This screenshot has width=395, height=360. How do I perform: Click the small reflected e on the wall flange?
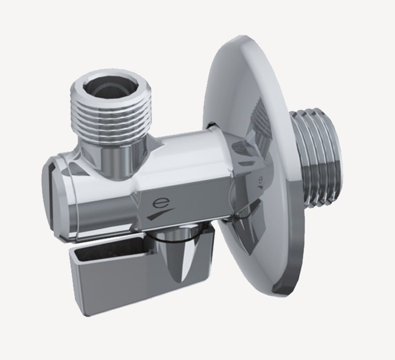(x=258, y=182)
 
